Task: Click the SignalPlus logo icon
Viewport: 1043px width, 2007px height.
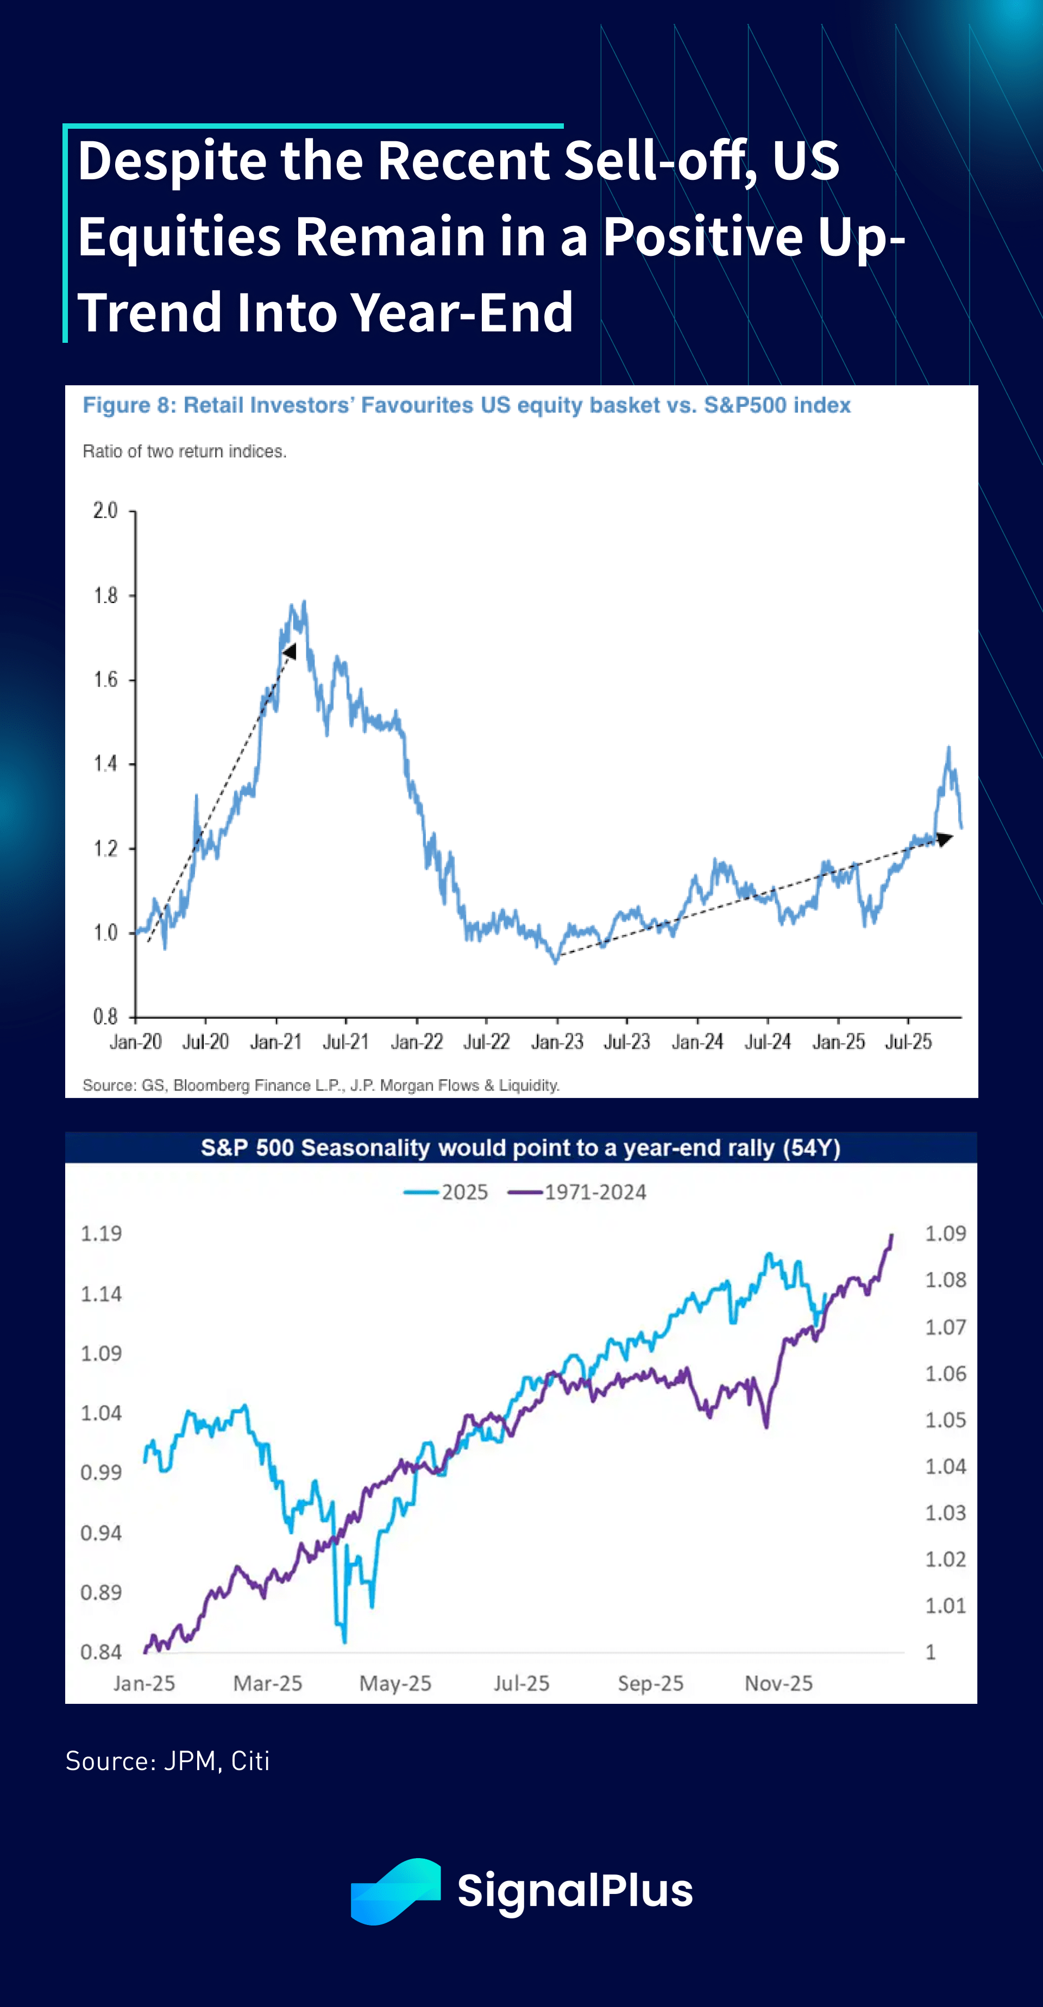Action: (x=395, y=1891)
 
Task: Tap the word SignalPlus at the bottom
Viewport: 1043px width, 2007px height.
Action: (x=575, y=1891)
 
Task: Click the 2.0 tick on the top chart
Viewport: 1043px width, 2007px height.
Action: (x=105, y=511)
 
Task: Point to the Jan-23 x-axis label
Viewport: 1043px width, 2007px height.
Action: (x=557, y=1042)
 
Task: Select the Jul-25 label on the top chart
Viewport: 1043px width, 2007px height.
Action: (x=908, y=1042)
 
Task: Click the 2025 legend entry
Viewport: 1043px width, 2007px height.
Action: (x=447, y=1192)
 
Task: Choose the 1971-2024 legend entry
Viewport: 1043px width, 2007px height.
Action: (x=578, y=1192)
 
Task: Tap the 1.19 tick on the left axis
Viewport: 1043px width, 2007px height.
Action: (x=101, y=1233)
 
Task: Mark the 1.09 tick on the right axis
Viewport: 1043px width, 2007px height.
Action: (x=945, y=1233)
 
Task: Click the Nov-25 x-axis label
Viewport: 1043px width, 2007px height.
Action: (x=778, y=1684)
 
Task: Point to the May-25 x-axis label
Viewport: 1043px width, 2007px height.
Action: (x=395, y=1684)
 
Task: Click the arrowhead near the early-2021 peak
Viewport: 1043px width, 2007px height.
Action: (x=290, y=650)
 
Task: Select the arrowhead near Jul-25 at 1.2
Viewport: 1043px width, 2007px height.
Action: (x=944, y=838)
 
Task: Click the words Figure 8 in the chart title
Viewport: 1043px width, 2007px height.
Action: (x=129, y=405)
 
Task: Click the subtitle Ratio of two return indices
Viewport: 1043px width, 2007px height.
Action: (x=185, y=451)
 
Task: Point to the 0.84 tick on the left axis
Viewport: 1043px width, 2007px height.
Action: (x=101, y=1652)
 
